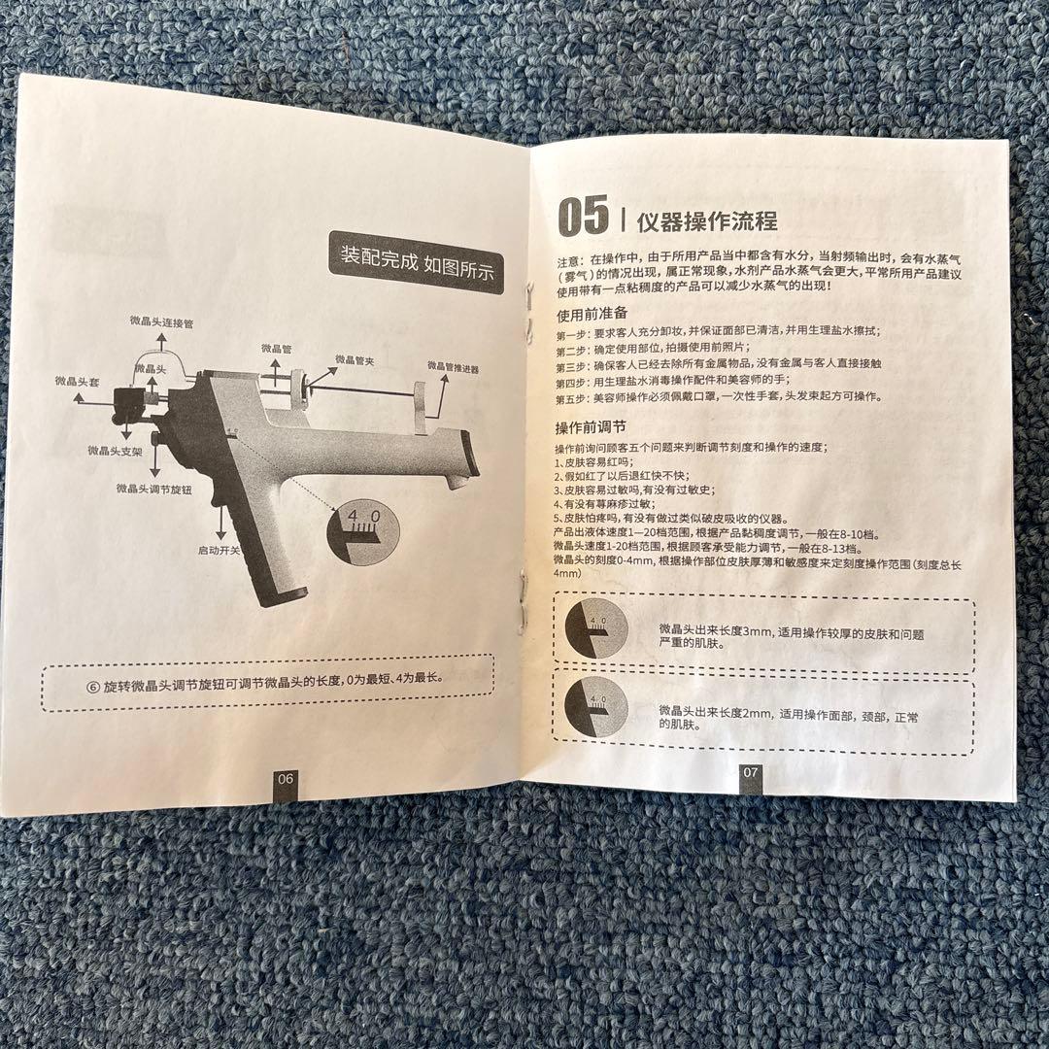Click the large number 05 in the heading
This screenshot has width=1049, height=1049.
click(x=582, y=215)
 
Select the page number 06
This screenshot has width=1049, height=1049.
click(x=286, y=778)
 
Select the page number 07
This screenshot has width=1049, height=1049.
click(x=750, y=773)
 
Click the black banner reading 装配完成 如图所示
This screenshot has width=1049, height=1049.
click(x=417, y=260)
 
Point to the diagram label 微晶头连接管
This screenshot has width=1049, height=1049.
click(x=162, y=320)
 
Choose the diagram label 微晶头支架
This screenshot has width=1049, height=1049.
click(x=115, y=451)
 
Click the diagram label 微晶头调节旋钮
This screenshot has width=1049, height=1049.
click(x=153, y=490)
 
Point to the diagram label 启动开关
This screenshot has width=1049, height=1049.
click(x=220, y=550)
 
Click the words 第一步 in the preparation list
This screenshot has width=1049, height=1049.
click(x=571, y=333)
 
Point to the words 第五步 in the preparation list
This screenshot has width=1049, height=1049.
click(x=571, y=398)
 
